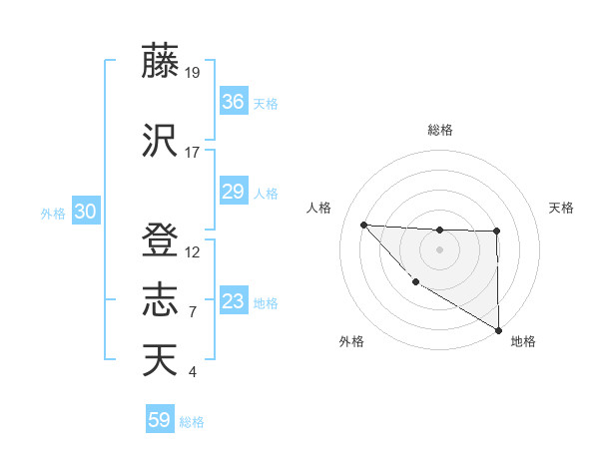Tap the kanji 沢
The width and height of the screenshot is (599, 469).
tap(160, 140)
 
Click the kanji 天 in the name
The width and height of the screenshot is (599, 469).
tap(160, 359)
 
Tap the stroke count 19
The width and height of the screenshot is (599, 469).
tap(193, 72)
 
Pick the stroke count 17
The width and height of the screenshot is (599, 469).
tap(193, 153)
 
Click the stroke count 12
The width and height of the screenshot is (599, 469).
tap(193, 252)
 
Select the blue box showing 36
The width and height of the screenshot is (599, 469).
tap(234, 102)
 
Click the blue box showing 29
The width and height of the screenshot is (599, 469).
tap(234, 193)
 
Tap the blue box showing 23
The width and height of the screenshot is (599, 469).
tap(234, 301)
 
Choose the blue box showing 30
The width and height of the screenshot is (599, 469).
tap(85, 212)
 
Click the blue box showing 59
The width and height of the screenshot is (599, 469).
tap(160, 420)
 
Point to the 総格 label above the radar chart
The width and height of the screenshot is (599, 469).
tap(439, 130)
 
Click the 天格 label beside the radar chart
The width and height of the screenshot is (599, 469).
tap(561, 208)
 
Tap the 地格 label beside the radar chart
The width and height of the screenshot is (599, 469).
tap(523, 341)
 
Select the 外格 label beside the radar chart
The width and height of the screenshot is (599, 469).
tap(351, 341)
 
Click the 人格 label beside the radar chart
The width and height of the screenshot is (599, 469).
tap(319, 208)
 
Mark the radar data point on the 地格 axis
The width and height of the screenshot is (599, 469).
tap(498, 330)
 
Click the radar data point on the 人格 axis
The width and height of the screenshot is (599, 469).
tap(363, 225)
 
